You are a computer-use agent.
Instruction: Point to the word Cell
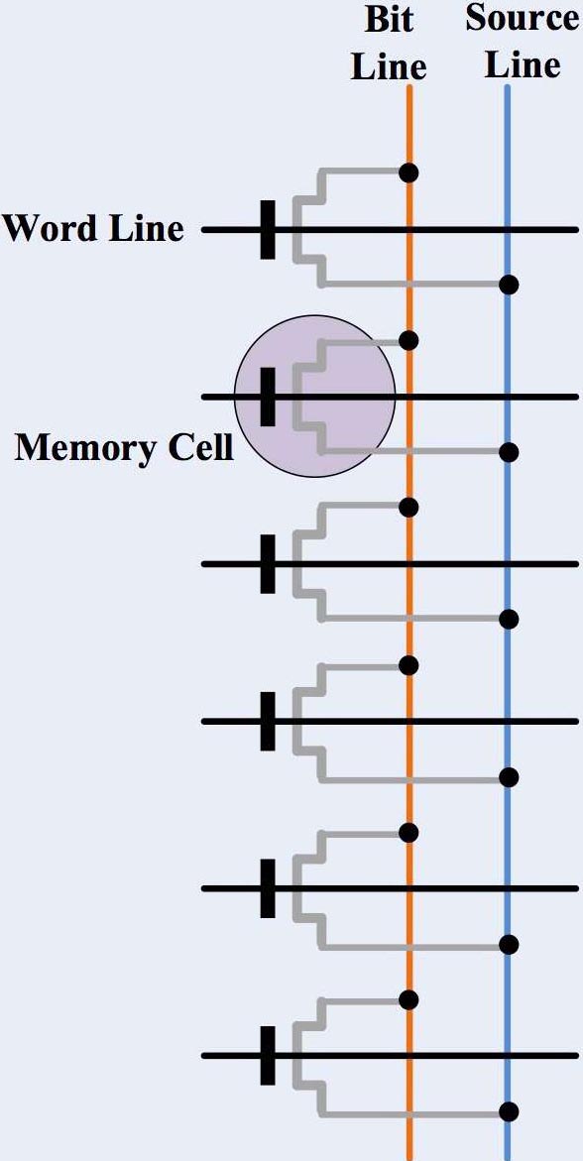pyautogui.click(x=199, y=447)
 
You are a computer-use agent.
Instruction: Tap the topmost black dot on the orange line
pyautogui.click(x=408, y=173)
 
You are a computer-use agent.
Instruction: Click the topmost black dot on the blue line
pyautogui.click(x=509, y=286)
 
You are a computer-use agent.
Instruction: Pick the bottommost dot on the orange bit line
pyautogui.click(x=408, y=999)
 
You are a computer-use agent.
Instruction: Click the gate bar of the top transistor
pyautogui.click(x=267, y=229)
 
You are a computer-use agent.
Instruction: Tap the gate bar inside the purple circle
pyautogui.click(x=267, y=397)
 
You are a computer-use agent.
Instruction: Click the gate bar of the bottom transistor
pyautogui.click(x=267, y=1056)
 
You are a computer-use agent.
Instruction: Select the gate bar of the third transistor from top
pyautogui.click(x=267, y=564)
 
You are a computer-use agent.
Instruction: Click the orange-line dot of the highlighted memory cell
pyautogui.click(x=408, y=340)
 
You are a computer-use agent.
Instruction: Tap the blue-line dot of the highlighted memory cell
pyautogui.click(x=509, y=452)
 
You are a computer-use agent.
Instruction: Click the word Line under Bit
pyautogui.click(x=389, y=66)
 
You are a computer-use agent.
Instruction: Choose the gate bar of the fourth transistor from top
pyautogui.click(x=267, y=721)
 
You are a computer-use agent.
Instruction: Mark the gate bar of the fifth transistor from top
pyautogui.click(x=267, y=888)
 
